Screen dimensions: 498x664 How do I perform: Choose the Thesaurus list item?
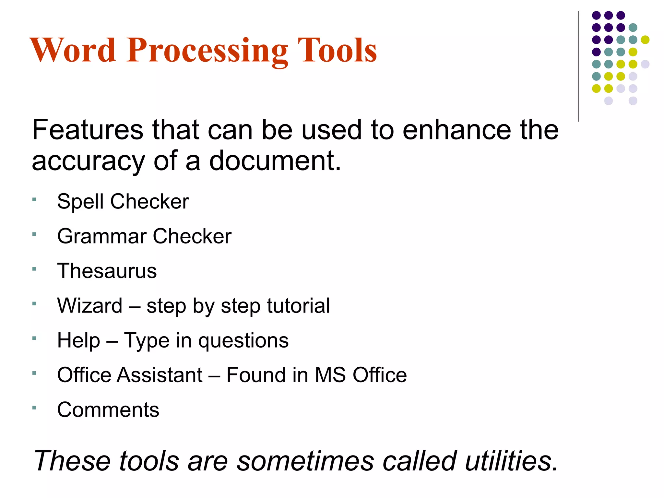(107, 271)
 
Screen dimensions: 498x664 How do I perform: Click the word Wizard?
(90, 305)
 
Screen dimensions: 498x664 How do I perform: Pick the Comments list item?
(108, 410)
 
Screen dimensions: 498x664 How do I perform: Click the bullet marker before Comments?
(34, 408)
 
